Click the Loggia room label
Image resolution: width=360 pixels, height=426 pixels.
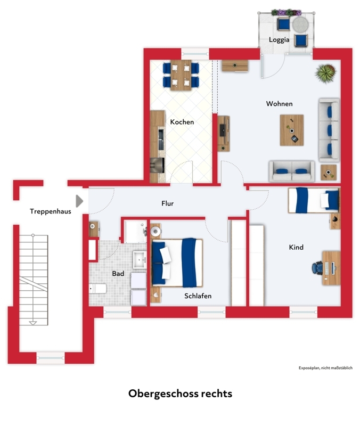pyautogui.click(x=279, y=39)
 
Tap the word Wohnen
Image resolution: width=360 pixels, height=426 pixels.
pyautogui.click(x=279, y=103)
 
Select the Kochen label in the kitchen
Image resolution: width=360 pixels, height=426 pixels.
pyautogui.click(x=182, y=122)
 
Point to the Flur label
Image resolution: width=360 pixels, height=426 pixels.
pyautogui.click(x=167, y=203)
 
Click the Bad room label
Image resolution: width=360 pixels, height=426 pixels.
pyautogui.click(x=118, y=273)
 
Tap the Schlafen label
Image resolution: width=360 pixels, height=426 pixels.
pyautogui.click(x=198, y=296)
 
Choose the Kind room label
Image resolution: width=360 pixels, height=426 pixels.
pyautogui.click(x=296, y=247)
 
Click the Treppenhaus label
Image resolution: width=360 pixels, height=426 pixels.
pyautogui.click(x=50, y=211)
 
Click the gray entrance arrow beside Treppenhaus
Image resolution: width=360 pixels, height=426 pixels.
pyautogui.click(x=79, y=201)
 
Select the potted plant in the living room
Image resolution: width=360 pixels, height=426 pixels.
pyautogui.click(x=325, y=73)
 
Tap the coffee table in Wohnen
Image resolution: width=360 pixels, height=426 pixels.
pyautogui.click(x=292, y=130)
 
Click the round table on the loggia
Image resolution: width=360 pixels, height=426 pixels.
pyautogui.click(x=300, y=24)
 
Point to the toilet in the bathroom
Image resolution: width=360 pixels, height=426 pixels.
pyautogui.click(x=97, y=288)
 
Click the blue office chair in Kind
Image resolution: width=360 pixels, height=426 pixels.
pyautogui.click(x=317, y=268)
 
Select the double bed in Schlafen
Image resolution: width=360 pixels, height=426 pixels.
pyautogui.click(x=177, y=263)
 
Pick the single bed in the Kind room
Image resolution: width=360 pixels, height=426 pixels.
pyautogui.click(x=314, y=200)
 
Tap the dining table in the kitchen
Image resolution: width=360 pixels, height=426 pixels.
pyautogui.click(x=181, y=75)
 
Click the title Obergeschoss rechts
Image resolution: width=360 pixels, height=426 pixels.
pyautogui.click(x=180, y=394)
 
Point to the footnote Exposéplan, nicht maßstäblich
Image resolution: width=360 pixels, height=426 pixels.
pyautogui.click(x=325, y=368)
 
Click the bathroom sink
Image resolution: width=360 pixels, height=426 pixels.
pyautogui.click(x=140, y=260)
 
